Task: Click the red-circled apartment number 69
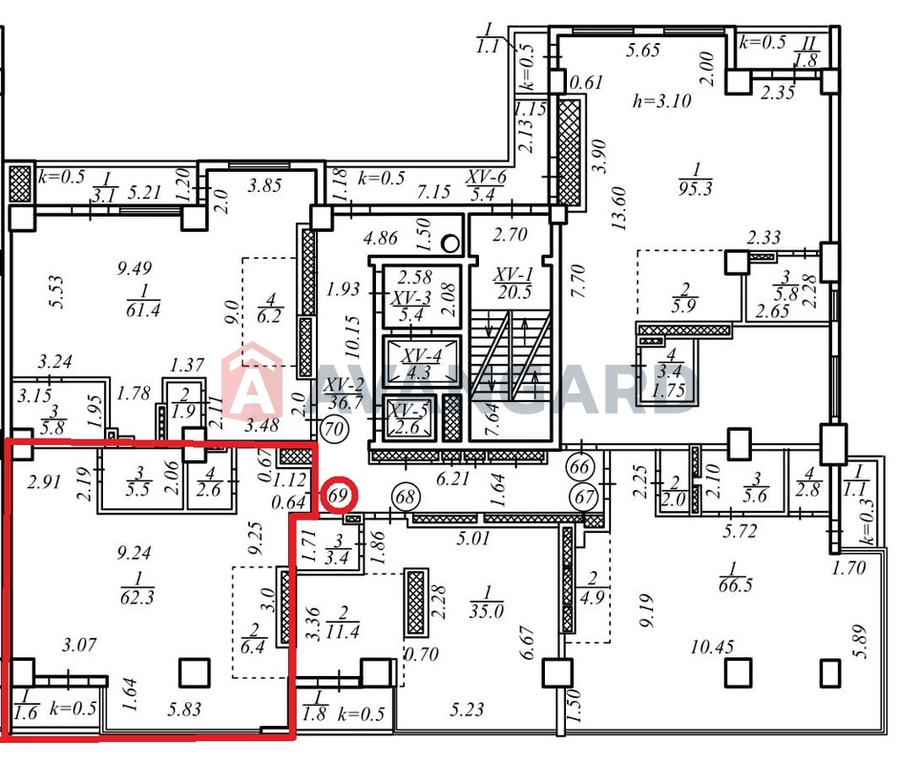pos(338,496)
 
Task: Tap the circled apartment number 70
pos(334,428)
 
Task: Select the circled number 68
pos(405,498)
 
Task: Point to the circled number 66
pos(579,467)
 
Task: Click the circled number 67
pos(584,498)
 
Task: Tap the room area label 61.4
pos(143,300)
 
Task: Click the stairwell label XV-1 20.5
pos(514,283)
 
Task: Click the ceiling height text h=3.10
pos(661,101)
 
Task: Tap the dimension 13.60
pos(619,208)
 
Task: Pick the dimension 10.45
pos(712,647)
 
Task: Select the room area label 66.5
pos(734,577)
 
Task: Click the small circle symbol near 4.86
pos(450,244)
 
